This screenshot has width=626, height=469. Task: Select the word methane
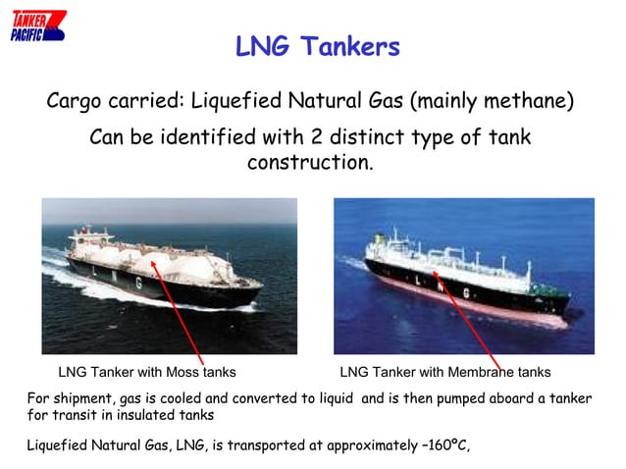coord(531,102)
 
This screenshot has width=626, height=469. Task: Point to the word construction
coord(309,161)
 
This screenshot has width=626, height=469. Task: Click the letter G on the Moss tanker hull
coord(138,282)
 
